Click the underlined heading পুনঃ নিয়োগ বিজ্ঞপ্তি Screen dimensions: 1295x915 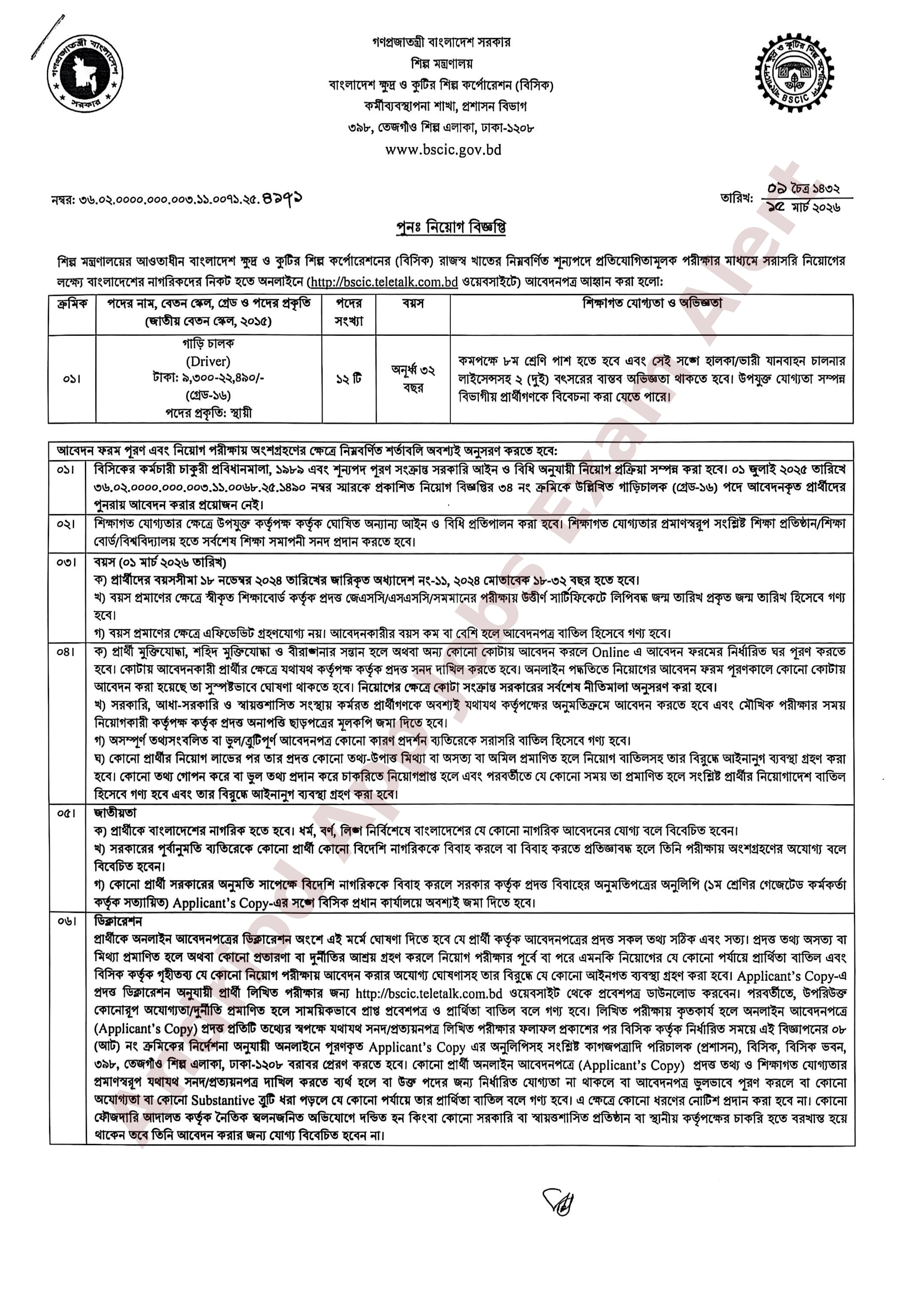point(450,227)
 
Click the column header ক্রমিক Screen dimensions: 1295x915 point(72,304)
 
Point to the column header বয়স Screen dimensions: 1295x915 point(413,304)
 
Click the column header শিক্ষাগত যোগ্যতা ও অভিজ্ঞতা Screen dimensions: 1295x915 point(652,304)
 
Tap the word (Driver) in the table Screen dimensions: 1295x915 point(208,361)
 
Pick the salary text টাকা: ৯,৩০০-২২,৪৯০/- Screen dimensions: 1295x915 point(208,378)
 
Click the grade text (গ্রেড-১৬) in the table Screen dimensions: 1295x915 point(208,395)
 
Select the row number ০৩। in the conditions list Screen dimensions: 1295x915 point(66,562)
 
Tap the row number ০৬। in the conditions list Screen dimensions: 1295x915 point(66,922)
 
